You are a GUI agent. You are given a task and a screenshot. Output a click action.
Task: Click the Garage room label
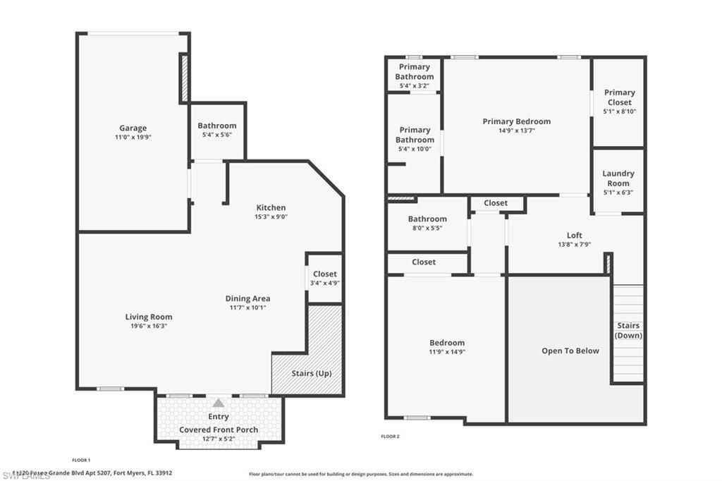coord(133,128)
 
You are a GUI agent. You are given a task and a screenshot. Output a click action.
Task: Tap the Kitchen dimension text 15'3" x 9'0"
coord(271,217)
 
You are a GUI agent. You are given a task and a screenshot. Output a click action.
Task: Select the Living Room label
coord(149,317)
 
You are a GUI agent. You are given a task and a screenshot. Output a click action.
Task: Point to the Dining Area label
coord(247,298)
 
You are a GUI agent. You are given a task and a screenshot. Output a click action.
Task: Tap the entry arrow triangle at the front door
coord(219,403)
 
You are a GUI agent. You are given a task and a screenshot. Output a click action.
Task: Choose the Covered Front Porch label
coord(219,430)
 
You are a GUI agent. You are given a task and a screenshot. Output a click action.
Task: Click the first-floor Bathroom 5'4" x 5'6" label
coord(217,126)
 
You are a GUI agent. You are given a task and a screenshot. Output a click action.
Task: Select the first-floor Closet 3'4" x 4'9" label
coord(325,274)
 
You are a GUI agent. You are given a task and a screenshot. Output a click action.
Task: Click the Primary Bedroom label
coord(517,121)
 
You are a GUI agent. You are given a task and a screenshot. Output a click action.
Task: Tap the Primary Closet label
coord(619,97)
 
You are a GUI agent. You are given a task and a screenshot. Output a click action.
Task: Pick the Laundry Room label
coord(618,178)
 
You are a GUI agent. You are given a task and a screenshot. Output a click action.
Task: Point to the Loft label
coord(575,236)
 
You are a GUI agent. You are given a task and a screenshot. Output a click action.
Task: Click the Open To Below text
coord(570,351)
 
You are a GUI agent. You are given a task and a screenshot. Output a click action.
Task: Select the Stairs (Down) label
coord(628,330)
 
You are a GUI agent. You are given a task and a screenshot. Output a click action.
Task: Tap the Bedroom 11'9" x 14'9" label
coord(447,343)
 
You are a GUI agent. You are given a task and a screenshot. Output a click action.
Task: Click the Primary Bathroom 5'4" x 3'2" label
coord(414,72)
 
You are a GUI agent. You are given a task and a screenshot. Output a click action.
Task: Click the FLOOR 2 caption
coord(390,437)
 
